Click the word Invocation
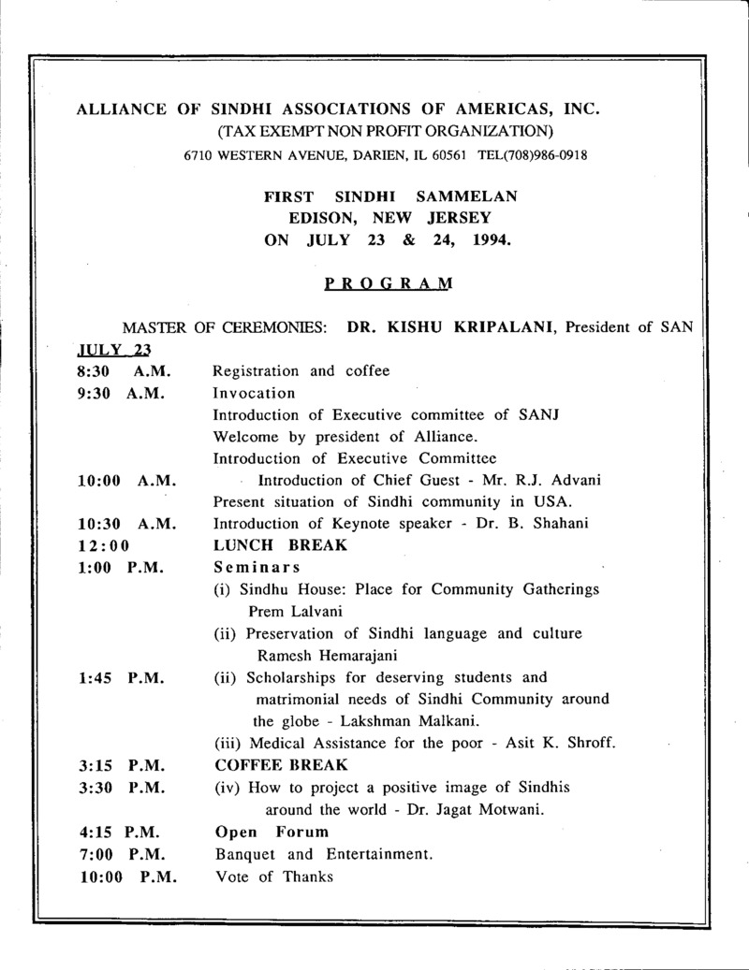coord(254,393)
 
